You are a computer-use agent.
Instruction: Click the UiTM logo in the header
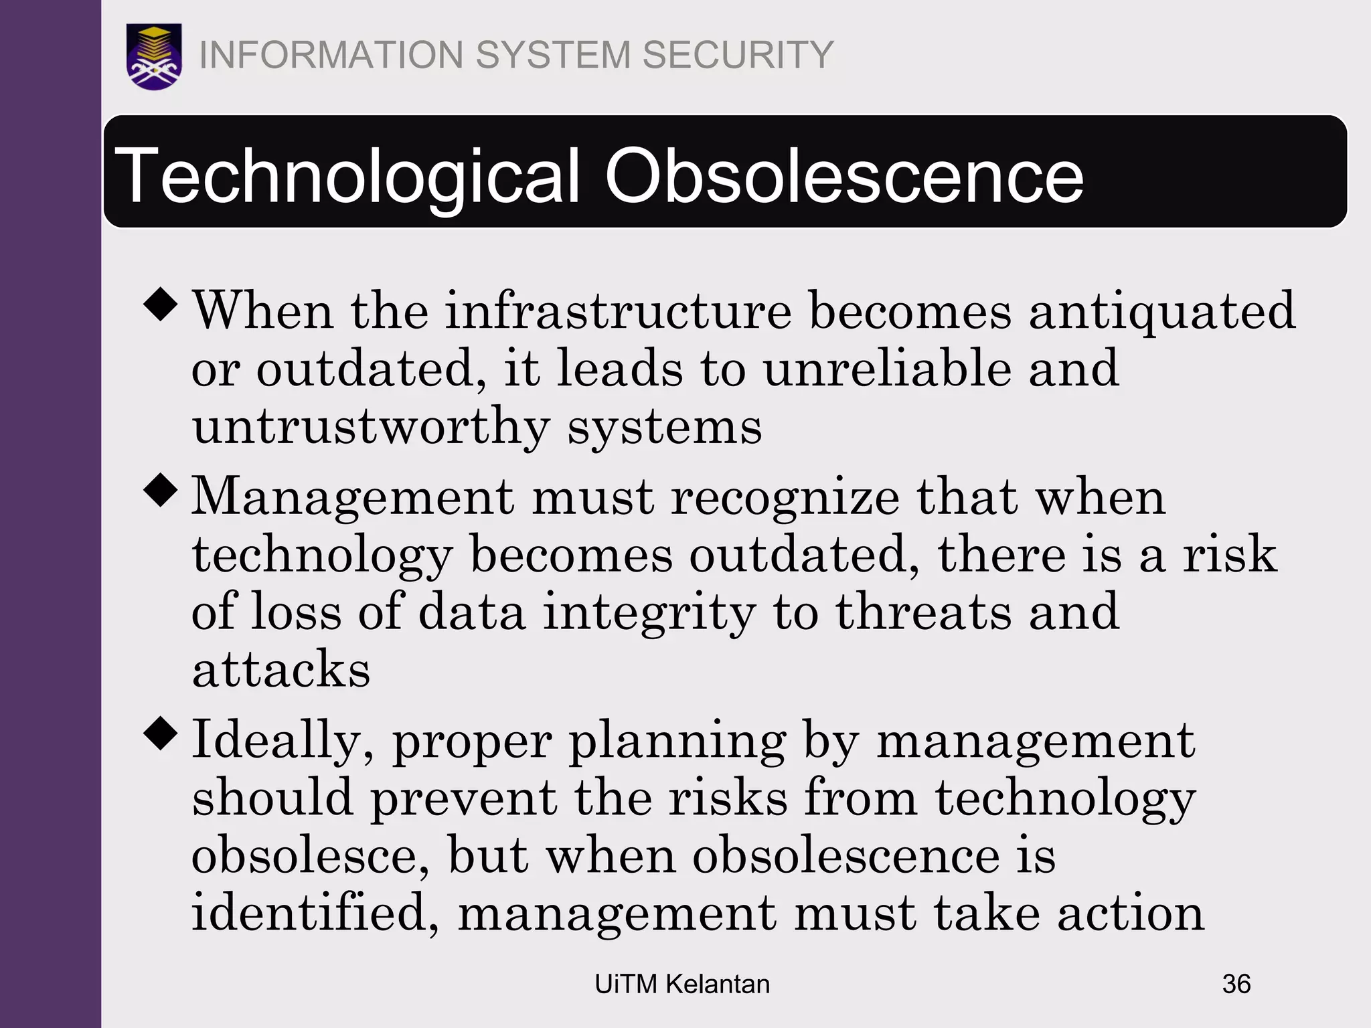click(x=154, y=56)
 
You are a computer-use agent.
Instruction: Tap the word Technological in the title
click(x=347, y=176)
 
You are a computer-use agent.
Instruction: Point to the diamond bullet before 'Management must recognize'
click(x=161, y=490)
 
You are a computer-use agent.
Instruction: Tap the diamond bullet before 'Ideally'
click(x=161, y=734)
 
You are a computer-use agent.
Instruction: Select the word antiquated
click(x=1162, y=312)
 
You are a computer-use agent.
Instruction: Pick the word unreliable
click(x=888, y=369)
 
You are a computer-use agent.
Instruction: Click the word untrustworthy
click(x=371, y=427)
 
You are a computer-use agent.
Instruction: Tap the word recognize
click(x=785, y=499)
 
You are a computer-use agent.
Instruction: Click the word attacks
click(x=281, y=669)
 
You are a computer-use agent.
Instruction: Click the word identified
click(x=315, y=913)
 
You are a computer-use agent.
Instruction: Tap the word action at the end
click(x=1131, y=913)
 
